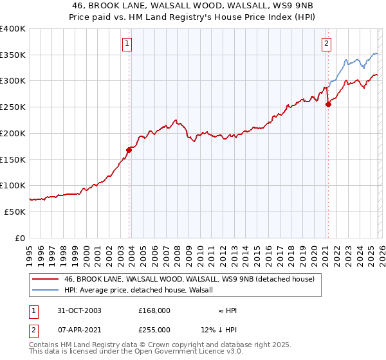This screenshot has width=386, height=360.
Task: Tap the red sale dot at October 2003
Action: tap(129, 150)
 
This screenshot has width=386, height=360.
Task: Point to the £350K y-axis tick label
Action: tap(13, 55)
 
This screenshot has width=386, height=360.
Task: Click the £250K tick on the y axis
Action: tap(13, 107)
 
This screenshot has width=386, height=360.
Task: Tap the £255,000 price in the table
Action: tap(154, 329)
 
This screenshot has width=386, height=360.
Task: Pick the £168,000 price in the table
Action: tap(154, 310)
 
